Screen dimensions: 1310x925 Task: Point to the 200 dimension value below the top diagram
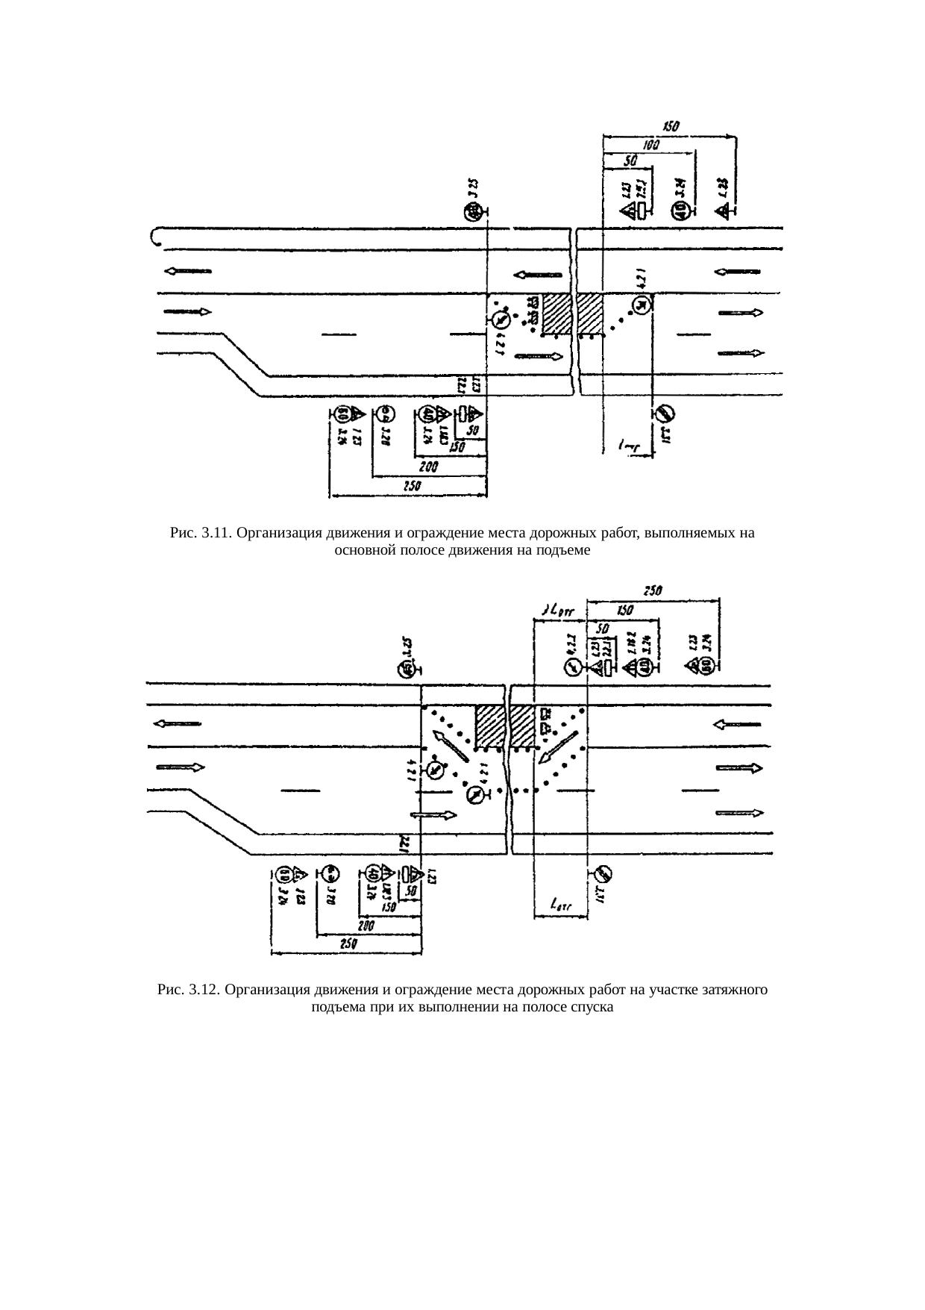pyautogui.click(x=428, y=467)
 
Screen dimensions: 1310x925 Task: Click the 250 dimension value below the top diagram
pyautogui.click(x=413, y=485)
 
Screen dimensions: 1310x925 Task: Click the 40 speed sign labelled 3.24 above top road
pyautogui.click(x=678, y=212)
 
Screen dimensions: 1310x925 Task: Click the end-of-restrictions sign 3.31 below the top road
pyautogui.click(x=665, y=413)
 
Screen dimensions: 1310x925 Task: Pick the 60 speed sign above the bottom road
pyautogui.click(x=705, y=667)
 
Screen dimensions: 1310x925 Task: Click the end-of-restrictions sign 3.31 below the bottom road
pyautogui.click(x=603, y=873)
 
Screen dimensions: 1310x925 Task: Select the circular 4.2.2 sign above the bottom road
pyautogui.click(x=571, y=667)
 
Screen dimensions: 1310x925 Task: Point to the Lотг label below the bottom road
pyautogui.click(x=560, y=905)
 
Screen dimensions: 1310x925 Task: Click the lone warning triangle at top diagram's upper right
pyautogui.click(x=723, y=212)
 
